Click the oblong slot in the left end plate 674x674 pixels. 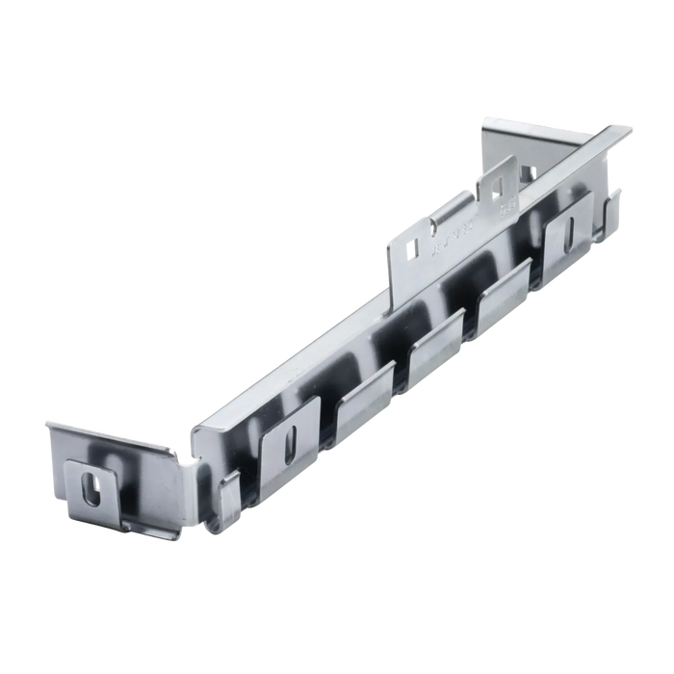click(x=91, y=484)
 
